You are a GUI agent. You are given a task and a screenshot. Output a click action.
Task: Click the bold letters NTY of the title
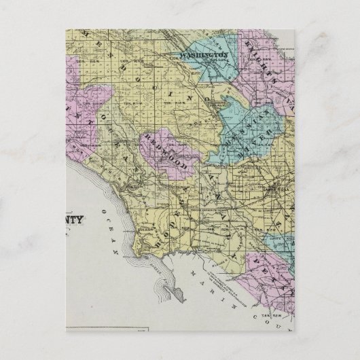click(x=79, y=219)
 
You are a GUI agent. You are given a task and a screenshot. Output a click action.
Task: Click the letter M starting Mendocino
click(x=103, y=37)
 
